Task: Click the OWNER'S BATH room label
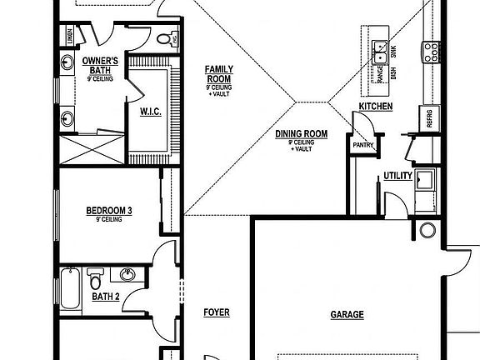(x=100, y=65)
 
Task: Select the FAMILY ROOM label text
(x=220, y=75)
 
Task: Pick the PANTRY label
(x=363, y=145)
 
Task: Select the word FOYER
(x=217, y=313)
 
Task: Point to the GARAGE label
(x=347, y=315)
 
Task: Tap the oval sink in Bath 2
(x=128, y=275)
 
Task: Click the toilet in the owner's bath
(x=164, y=39)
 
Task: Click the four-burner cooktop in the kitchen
(x=433, y=52)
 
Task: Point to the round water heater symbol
(x=428, y=231)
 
